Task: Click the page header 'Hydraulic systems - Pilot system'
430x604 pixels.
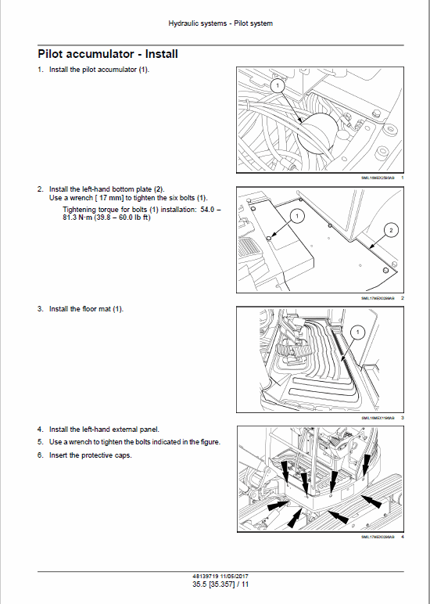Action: coord(220,23)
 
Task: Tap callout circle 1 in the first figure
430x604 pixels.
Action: coord(276,84)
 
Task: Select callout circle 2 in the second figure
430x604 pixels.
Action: coord(392,230)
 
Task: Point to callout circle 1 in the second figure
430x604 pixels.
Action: coord(296,214)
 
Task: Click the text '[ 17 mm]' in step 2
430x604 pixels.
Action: coord(110,199)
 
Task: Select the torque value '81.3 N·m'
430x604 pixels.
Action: coord(78,217)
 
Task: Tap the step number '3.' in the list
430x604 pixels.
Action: coord(41,309)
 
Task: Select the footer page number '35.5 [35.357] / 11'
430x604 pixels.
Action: coord(220,584)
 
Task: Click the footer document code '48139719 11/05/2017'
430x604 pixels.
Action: coord(220,575)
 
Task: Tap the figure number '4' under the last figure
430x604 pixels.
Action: coord(402,537)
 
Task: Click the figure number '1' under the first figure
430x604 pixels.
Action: coord(402,178)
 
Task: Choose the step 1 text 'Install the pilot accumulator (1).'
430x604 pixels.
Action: coord(99,70)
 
